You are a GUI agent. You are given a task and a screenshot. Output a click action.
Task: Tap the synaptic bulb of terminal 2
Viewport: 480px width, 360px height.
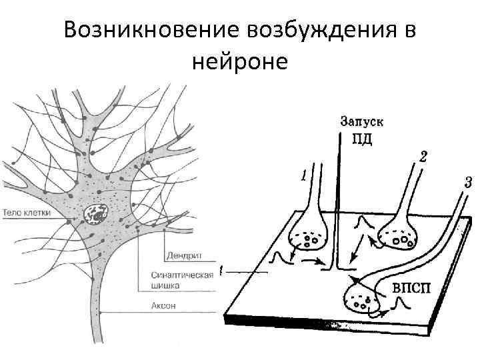397,233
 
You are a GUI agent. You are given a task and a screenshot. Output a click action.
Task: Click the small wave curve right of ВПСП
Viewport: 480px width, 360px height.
401,304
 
